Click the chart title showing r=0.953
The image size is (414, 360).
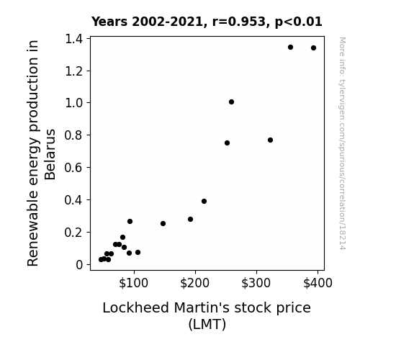207,22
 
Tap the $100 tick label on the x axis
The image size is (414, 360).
133,283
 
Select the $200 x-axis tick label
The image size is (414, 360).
194,283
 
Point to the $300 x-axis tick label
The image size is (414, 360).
256,283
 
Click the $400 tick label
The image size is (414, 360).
318,283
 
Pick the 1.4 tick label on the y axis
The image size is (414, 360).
74,39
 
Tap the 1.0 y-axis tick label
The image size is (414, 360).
74,103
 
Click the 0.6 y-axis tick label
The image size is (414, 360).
74,168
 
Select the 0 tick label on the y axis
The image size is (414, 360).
79,265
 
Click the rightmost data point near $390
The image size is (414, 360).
313,48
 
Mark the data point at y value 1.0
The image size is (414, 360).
231,102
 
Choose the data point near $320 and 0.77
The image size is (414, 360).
270,140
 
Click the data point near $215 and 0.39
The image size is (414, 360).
204,202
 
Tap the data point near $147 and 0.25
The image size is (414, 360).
163,224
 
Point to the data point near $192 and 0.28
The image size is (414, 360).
190,219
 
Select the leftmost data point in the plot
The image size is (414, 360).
101,260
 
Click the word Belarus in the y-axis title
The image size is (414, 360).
50,155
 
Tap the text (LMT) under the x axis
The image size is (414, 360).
207,324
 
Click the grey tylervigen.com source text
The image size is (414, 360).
342,143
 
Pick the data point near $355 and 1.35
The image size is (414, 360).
290,48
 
